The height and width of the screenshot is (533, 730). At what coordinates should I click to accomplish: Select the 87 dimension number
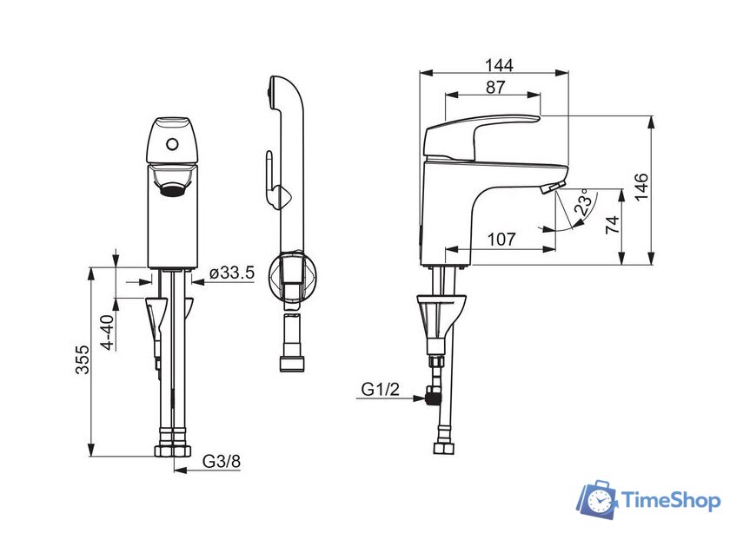(x=494, y=87)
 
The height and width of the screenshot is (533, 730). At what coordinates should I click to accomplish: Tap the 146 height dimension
(x=641, y=187)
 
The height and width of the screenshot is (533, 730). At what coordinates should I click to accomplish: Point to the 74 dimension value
(x=613, y=225)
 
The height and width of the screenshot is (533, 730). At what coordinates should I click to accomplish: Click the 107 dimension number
(x=501, y=240)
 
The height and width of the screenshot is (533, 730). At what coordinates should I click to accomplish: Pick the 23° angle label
(x=584, y=202)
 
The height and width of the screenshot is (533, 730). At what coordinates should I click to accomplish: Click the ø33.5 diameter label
(x=231, y=273)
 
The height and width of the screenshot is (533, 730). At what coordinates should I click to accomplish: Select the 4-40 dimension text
(x=108, y=332)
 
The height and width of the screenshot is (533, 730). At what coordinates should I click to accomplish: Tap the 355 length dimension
(x=83, y=359)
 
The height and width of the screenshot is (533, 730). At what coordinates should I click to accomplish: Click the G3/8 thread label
(x=222, y=461)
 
